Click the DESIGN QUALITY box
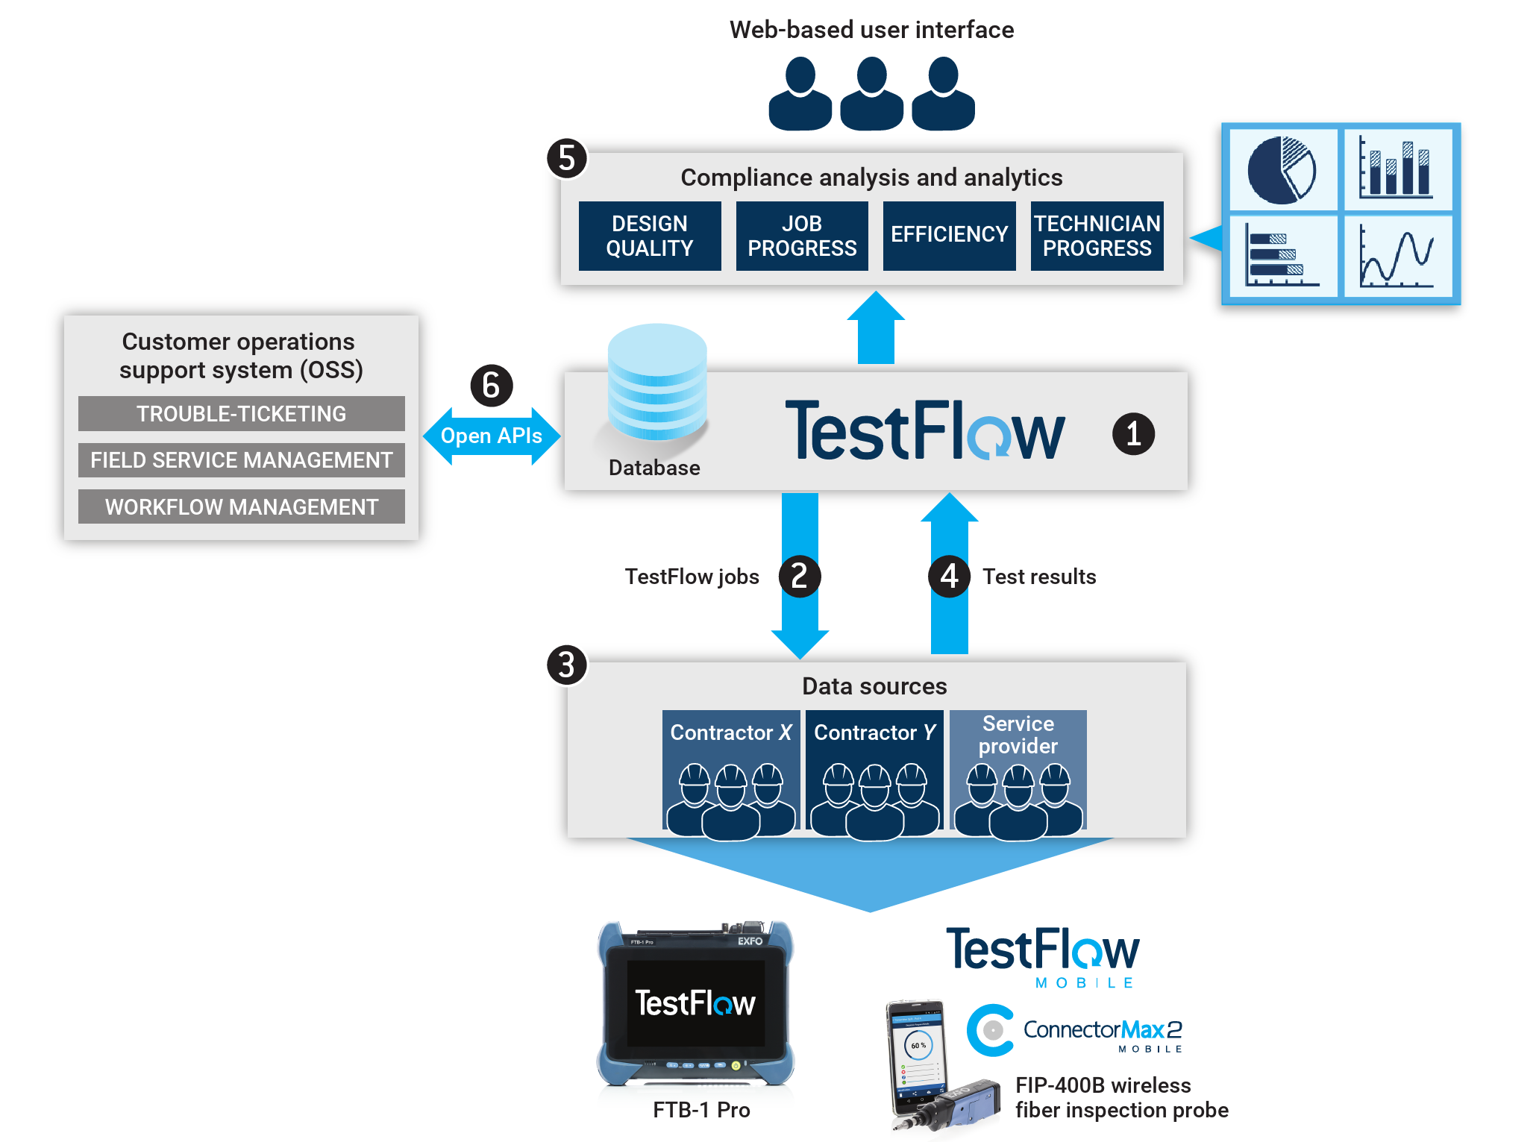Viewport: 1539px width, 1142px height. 649,236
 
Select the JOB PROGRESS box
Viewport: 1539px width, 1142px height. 801,236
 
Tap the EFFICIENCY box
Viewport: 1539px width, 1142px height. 949,236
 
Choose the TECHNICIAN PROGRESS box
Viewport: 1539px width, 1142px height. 1097,236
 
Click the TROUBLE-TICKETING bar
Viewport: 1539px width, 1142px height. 241,413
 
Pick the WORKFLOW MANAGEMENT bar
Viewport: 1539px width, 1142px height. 241,506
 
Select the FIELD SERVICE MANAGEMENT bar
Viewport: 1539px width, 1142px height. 241,460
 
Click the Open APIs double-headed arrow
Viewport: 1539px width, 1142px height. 491,436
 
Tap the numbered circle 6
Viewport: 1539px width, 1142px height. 491,386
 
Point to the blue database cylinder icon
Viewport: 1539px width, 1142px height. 656,382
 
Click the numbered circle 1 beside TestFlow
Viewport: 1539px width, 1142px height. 1132,434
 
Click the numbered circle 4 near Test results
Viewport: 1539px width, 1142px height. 949,576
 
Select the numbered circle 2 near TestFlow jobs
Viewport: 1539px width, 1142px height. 799,576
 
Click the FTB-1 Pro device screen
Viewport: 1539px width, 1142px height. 695,1003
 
